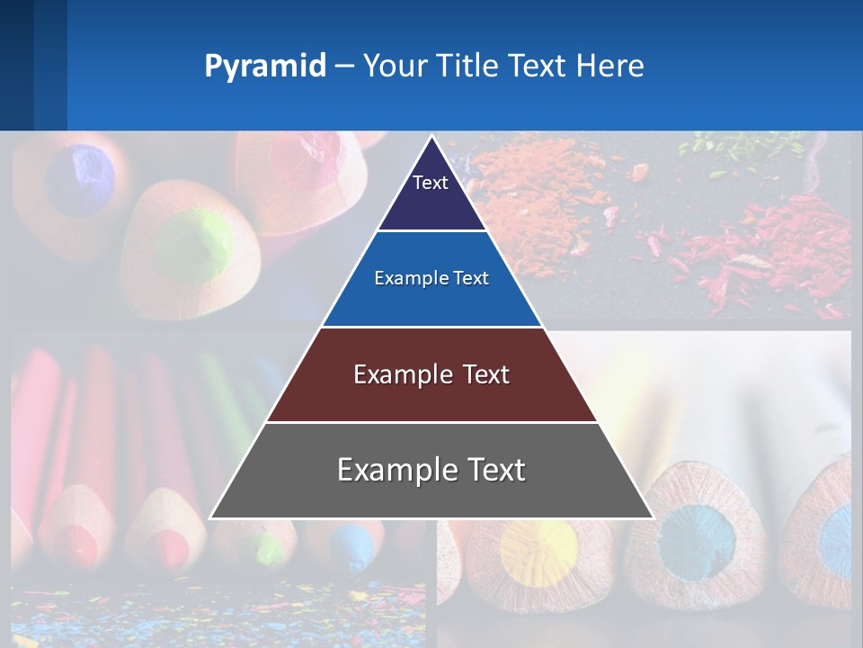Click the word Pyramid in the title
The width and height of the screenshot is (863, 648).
pos(264,67)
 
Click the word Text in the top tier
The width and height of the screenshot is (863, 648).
pos(431,183)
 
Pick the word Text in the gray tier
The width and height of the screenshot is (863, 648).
pos(489,470)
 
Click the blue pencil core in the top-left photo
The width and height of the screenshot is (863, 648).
pos(80,178)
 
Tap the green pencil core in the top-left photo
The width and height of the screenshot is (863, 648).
pos(191,244)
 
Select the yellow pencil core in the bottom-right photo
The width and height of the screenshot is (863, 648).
pos(538,546)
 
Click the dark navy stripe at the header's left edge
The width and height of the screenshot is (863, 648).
pos(16,65)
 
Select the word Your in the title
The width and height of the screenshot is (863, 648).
pos(396,66)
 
